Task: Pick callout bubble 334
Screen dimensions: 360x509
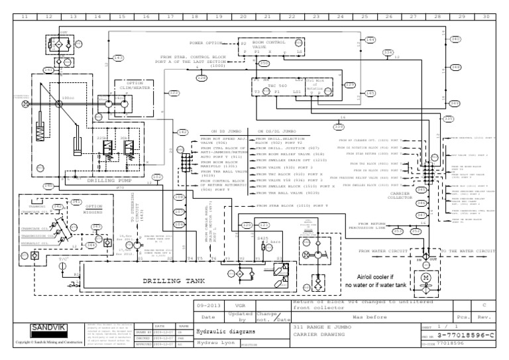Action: point(388,52)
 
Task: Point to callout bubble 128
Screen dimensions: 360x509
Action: point(202,78)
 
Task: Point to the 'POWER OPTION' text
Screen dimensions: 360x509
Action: point(205,43)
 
